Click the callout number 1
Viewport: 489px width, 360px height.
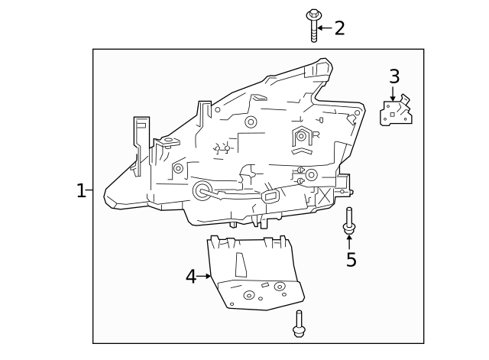[81, 190]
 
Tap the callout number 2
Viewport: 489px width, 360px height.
[339, 28]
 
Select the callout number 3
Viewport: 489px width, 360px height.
[394, 76]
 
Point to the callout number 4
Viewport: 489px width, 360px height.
[191, 277]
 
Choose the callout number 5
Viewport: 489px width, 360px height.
[351, 260]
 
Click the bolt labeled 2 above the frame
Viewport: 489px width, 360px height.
[313, 25]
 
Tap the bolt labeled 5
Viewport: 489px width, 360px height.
[349, 219]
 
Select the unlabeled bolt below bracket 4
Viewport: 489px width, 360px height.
[298, 324]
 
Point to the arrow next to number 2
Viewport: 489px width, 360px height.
[324, 28]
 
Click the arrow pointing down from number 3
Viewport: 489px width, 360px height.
[393, 94]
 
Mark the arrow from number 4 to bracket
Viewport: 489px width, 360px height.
[204, 276]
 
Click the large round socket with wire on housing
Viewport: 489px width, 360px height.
[203, 190]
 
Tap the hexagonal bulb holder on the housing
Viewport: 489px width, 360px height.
[302, 136]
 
